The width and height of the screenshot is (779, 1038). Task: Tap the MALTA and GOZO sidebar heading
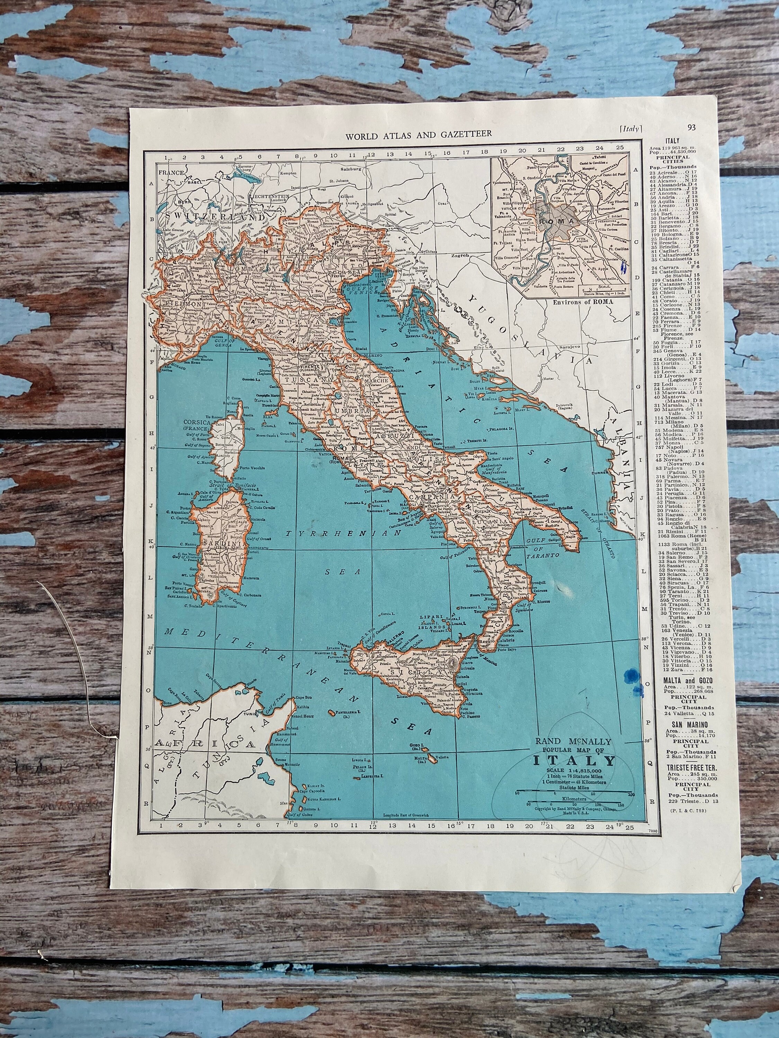(687, 681)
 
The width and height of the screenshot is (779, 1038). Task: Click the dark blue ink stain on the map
(630, 676)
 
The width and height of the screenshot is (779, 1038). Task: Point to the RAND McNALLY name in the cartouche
(573, 741)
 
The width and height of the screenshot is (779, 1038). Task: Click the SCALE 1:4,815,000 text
(573, 772)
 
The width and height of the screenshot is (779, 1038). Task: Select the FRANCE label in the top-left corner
(171, 172)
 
